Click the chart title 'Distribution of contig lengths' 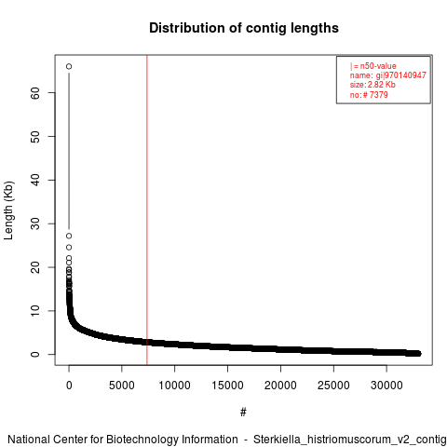click(244, 28)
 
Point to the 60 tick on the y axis click(35, 93)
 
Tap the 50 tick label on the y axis click(35, 137)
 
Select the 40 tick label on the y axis click(35, 180)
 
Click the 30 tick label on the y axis click(35, 223)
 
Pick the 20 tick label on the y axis click(35, 267)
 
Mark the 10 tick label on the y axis click(35, 311)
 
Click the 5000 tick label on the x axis click(122, 386)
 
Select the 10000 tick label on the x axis click(174, 386)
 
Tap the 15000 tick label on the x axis click(227, 386)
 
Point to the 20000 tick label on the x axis click(280, 386)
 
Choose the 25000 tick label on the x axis click(333, 386)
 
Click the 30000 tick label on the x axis click(386, 386)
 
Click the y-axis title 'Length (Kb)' click(8, 210)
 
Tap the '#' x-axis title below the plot click(243, 413)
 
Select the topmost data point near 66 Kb click(69, 66)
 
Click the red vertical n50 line click(147, 210)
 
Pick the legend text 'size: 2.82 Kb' click(372, 85)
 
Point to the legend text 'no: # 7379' click(369, 94)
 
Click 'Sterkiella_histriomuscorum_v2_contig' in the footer click(350, 440)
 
